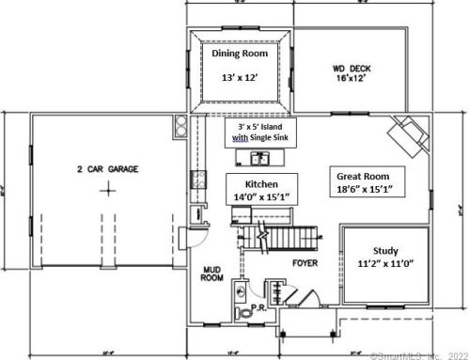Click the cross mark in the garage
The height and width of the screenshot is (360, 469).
click(109, 189)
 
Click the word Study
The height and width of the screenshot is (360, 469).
click(385, 252)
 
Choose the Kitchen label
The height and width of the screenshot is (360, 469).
click(261, 183)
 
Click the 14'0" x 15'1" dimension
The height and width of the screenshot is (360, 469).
click(261, 197)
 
